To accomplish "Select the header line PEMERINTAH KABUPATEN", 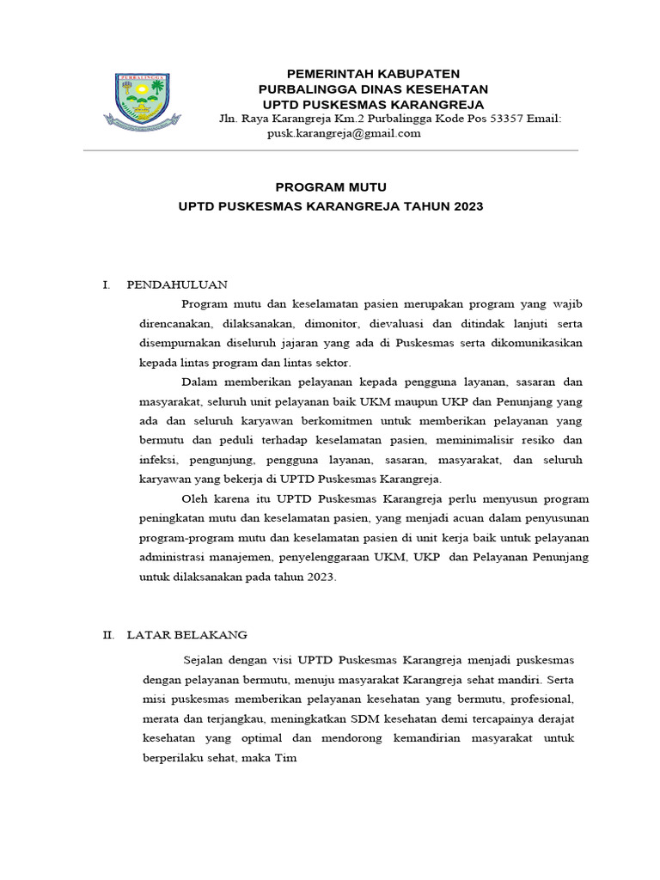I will (x=373, y=73).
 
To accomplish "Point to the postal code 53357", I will (x=492, y=119).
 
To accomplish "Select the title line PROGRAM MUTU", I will (x=331, y=186).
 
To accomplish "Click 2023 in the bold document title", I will (x=463, y=206).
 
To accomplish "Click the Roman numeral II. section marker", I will (x=108, y=635).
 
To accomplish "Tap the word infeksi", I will (x=159, y=460).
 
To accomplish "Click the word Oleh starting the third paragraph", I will (x=195, y=499).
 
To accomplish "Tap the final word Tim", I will (x=285, y=759).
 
